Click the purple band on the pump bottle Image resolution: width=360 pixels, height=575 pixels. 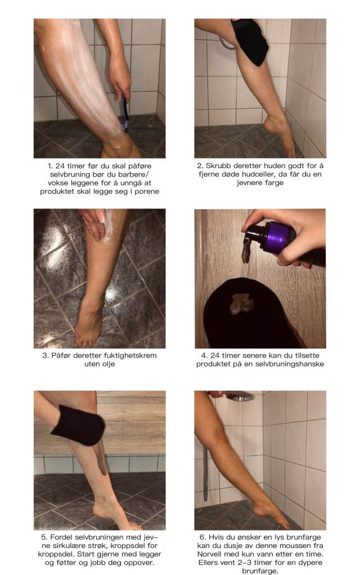click(277, 238)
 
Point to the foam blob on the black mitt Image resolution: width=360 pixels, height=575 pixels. click(241, 304)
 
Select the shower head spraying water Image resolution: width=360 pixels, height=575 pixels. click(239, 396)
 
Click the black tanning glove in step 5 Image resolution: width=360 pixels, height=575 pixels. click(78, 425)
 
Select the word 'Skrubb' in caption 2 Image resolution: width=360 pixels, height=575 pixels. click(219, 166)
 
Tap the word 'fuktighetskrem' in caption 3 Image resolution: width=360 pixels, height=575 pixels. click(130, 355)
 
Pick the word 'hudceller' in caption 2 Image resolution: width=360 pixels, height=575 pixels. click(258, 174)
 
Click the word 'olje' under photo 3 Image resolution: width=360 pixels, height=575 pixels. click(108, 364)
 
